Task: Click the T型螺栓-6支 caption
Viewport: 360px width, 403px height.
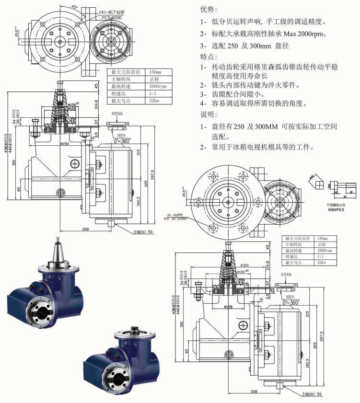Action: click(337, 204)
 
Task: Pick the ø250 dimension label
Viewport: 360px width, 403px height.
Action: click(64, 144)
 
